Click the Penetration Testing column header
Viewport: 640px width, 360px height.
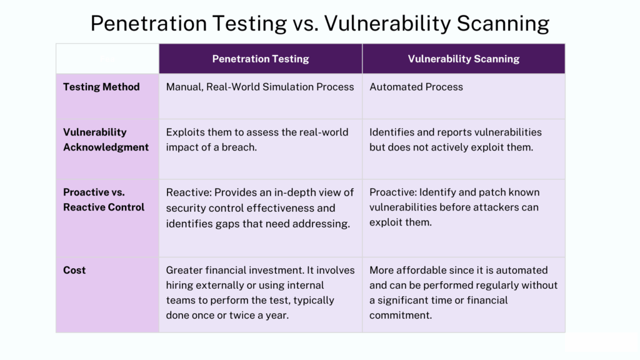tap(261, 59)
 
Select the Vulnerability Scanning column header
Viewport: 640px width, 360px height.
tap(464, 59)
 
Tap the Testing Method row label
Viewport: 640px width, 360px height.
tap(101, 87)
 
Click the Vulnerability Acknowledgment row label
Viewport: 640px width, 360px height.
tap(106, 140)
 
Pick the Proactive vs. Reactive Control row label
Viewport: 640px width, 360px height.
tap(104, 199)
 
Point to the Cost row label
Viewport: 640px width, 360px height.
tap(74, 270)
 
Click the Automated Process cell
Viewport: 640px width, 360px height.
tap(416, 87)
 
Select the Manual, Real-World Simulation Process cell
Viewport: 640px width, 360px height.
tap(260, 87)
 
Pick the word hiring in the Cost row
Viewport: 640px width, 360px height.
tap(180, 285)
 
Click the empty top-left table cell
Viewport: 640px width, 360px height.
tap(107, 59)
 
